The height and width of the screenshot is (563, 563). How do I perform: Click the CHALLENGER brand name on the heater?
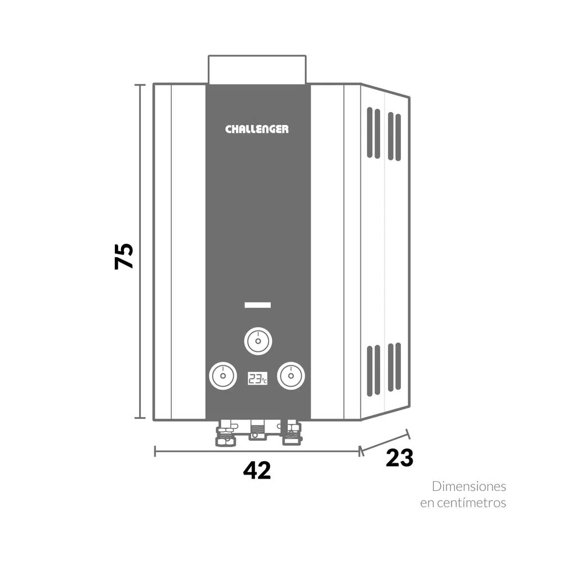click(257, 129)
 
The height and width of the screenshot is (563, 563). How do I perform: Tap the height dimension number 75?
click(124, 256)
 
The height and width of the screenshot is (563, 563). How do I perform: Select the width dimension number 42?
click(257, 470)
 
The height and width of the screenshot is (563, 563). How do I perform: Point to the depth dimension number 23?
click(399, 458)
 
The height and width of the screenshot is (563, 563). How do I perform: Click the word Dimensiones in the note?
click(469, 486)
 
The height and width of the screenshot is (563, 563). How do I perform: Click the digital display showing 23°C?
click(257, 378)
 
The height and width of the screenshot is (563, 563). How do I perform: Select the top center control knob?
click(258, 341)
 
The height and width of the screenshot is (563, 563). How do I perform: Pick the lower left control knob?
click(223, 376)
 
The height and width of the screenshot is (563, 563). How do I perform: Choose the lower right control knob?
click(291, 376)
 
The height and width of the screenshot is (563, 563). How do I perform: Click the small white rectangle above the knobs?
click(258, 305)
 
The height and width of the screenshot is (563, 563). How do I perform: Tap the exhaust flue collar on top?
click(257, 70)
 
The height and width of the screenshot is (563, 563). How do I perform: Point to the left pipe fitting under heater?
click(226, 434)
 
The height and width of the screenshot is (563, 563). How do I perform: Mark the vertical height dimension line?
click(140, 251)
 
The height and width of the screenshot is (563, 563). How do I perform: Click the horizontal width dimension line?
click(257, 451)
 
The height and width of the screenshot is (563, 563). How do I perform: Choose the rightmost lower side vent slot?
click(398, 367)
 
